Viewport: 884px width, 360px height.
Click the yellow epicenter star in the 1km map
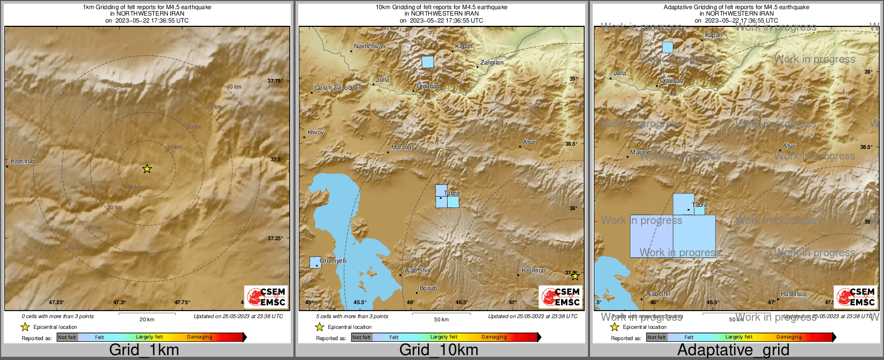click(x=147, y=169)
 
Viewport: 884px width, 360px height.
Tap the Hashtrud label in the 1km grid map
click(x=22, y=161)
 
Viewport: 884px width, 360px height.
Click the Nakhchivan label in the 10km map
click(x=370, y=47)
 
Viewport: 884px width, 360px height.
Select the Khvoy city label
click(x=315, y=132)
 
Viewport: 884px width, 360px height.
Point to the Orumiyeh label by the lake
click(x=333, y=261)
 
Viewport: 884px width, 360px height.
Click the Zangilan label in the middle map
click(x=492, y=63)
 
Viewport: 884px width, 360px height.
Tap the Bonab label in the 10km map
click(x=428, y=289)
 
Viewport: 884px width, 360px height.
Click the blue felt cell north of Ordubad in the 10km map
click(x=428, y=62)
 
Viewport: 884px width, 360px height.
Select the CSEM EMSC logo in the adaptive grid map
click(x=856, y=297)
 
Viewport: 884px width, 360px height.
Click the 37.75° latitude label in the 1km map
click(x=275, y=81)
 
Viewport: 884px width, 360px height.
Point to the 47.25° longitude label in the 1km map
click(x=56, y=303)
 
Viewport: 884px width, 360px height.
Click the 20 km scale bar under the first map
click(x=147, y=314)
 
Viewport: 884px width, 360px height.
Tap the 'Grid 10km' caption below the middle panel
click(x=439, y=350)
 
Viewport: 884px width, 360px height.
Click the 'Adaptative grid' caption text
click(x=733, y=350)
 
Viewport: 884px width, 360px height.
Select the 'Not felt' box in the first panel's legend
click(x=67, y=337)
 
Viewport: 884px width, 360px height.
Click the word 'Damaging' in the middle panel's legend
click(x=494, y=337)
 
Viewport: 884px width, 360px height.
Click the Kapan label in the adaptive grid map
click(x=714, y=35)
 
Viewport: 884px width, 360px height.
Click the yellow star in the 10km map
click(x=575, y=276)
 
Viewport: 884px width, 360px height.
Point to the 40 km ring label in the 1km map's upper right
click(x=233, y=87)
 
